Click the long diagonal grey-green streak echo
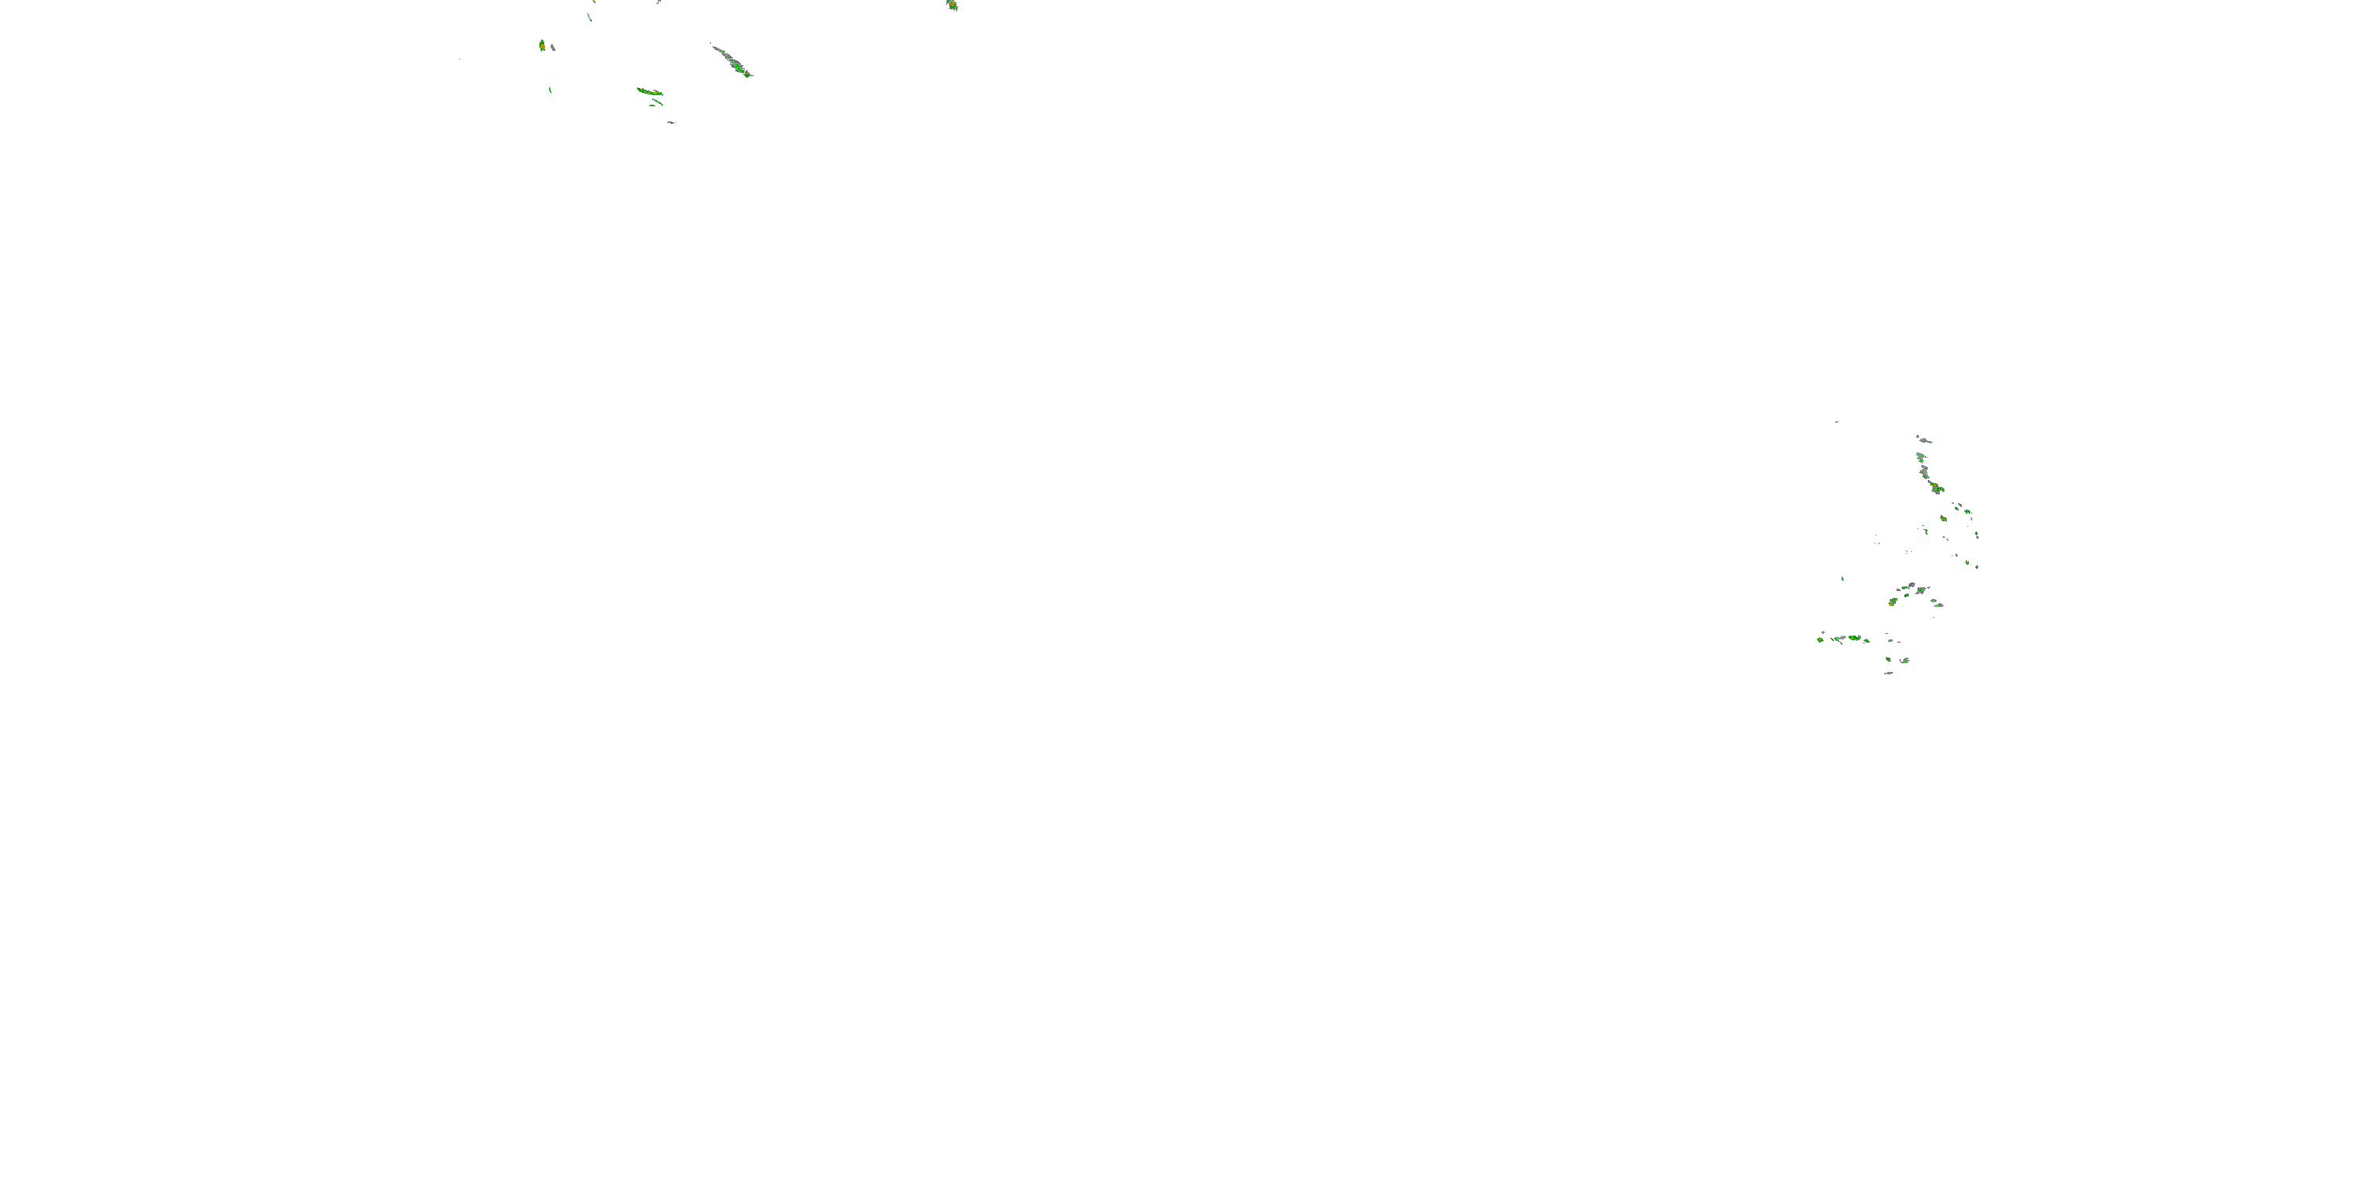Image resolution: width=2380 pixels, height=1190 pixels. point(731,60)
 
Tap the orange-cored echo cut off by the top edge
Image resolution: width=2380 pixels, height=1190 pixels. point(952,5)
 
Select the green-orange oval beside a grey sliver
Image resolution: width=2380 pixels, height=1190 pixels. point(543,44)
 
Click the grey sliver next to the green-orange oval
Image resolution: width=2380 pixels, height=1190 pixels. point(552,47)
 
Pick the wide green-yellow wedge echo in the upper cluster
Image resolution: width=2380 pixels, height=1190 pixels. point(650,91)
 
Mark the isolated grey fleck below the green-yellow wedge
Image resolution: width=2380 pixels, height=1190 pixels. point(670,122)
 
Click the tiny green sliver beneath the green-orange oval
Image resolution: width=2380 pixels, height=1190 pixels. point(550,90)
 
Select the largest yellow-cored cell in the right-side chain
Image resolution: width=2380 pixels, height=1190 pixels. point(1936,487)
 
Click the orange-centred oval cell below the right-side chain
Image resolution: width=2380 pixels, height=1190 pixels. point(1943,518)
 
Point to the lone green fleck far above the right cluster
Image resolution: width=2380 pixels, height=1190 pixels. point(1837,421)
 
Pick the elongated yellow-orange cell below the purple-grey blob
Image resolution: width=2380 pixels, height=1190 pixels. point(1892,601)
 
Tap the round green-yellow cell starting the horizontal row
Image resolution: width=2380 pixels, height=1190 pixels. point(1820,639)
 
